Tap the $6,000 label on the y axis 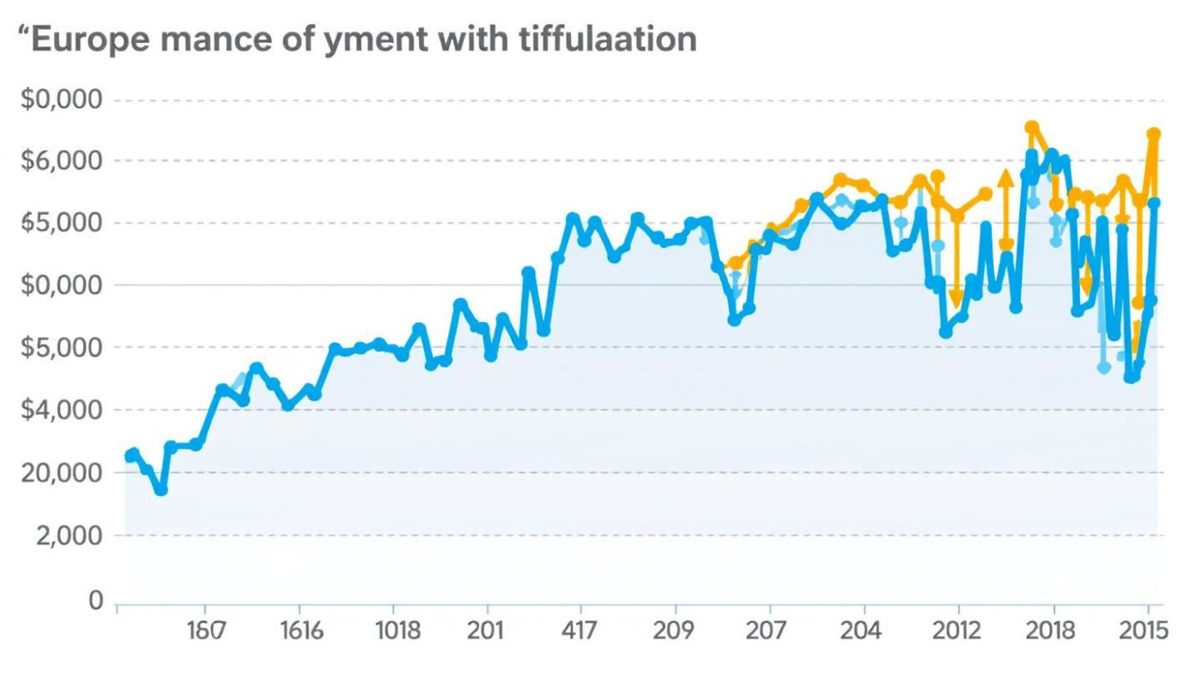61,161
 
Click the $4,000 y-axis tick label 61,410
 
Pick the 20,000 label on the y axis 61,473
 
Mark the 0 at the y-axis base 96,600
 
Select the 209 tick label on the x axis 673,631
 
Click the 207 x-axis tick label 765,631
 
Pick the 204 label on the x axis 860,631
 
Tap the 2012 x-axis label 956,631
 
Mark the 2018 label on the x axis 1050,631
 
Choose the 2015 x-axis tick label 1144,631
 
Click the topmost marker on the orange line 1031,127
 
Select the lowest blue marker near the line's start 161,489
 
